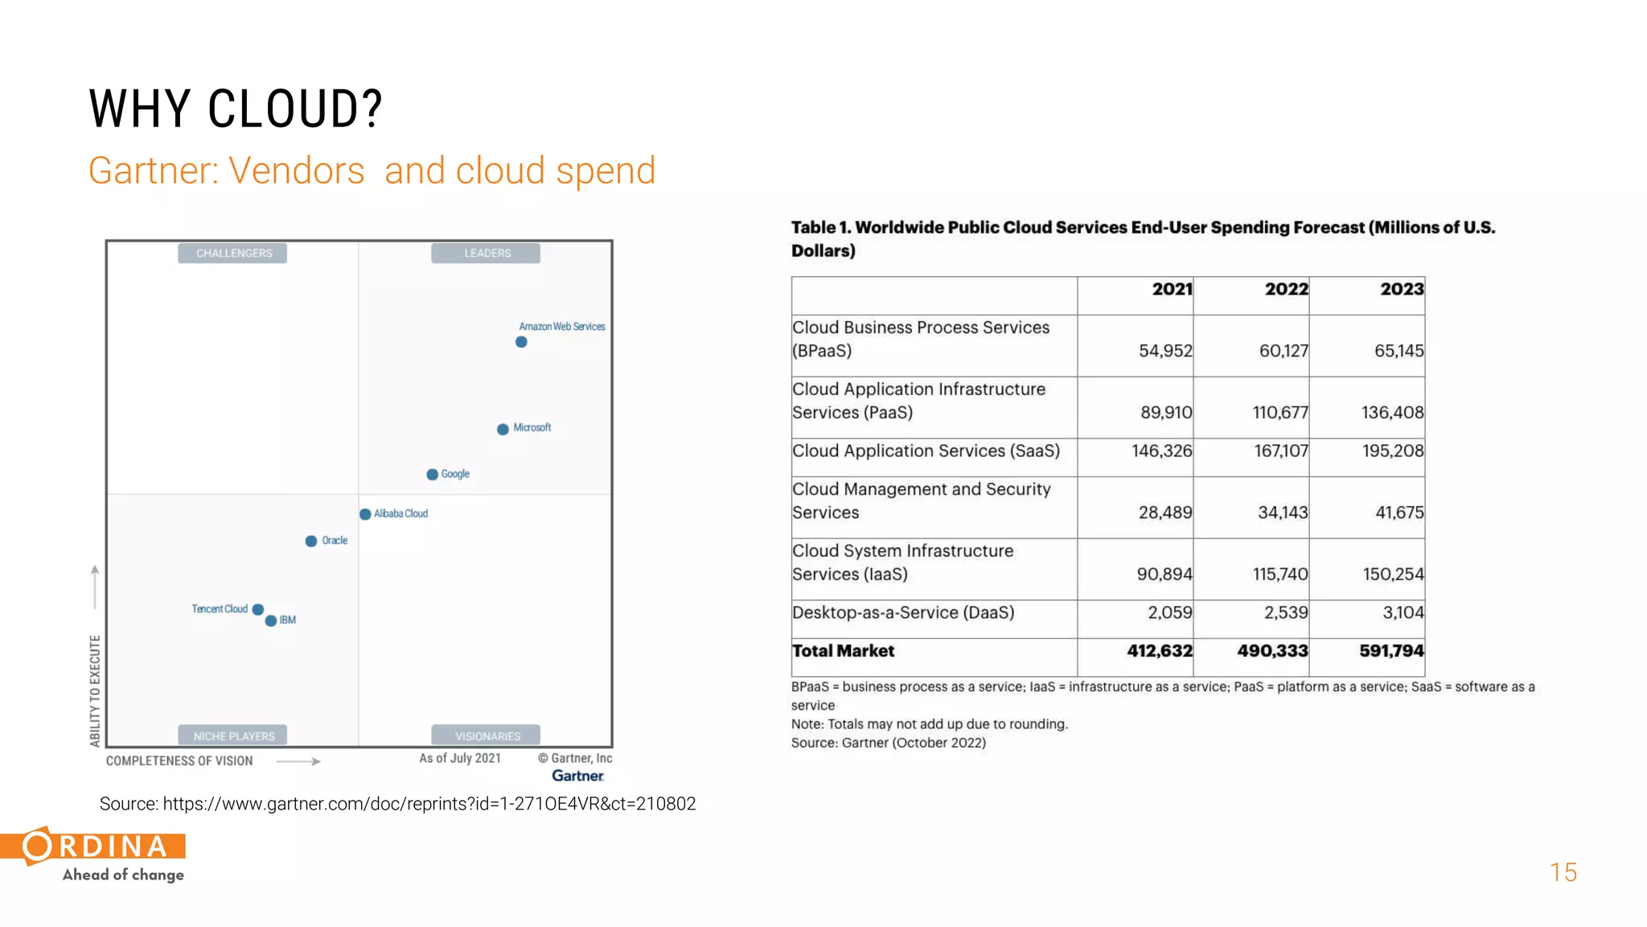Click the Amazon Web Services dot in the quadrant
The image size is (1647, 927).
click(521, 342)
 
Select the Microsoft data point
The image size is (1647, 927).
click(503, 429)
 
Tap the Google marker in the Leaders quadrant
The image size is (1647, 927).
click(432, 475)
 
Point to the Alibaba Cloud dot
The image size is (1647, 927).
click(365, 514)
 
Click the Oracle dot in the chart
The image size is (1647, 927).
click(311, 542)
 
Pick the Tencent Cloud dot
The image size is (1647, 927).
click(258, 609)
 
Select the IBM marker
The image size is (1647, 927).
click(271, 620)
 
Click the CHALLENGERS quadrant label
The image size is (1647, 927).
click(233, 253)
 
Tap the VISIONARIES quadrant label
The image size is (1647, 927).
click(487, 735)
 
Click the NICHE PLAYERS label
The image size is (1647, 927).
click(233, 735)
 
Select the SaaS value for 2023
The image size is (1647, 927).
click(1392, 451)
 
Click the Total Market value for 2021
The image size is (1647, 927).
click(1159, 651)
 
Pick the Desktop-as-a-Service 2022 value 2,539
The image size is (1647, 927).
click(1285, 613)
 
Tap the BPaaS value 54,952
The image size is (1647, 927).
click(1164, 351)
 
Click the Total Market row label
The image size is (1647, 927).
click(843, 651)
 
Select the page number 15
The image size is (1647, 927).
click(1563, 872)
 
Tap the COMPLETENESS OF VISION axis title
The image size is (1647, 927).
click(179, 761)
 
